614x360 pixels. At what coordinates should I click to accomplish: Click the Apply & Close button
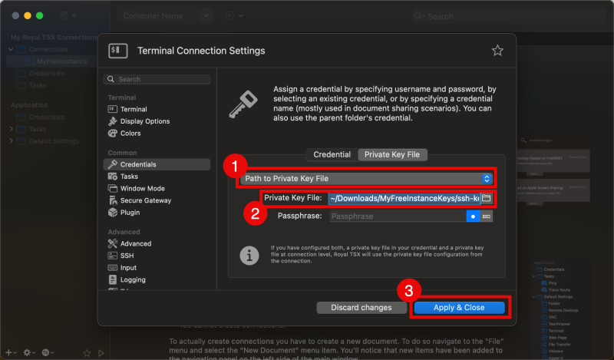[459, 307]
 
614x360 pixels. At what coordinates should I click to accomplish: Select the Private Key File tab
[391, 154]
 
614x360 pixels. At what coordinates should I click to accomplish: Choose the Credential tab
[332, 154]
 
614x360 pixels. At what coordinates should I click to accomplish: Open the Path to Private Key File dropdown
[367, 178]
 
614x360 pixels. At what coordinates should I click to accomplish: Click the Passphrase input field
[398, 216]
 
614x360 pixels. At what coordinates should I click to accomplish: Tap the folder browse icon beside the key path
[486, 198]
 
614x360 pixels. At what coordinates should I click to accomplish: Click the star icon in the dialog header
[497, 51]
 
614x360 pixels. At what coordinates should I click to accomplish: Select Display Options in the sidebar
[144, 121]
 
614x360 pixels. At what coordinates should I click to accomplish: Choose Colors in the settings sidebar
[130, 134]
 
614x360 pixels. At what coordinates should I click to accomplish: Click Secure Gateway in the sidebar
[145, 200]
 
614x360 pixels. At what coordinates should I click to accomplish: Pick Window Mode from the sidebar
[142, 188]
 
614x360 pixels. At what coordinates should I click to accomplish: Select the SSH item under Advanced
[127, 256]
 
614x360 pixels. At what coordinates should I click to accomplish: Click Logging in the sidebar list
[133, 280]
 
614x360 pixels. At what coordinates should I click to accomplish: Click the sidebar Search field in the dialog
[157, 79]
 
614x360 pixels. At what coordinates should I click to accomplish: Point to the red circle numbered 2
[253, 213]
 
